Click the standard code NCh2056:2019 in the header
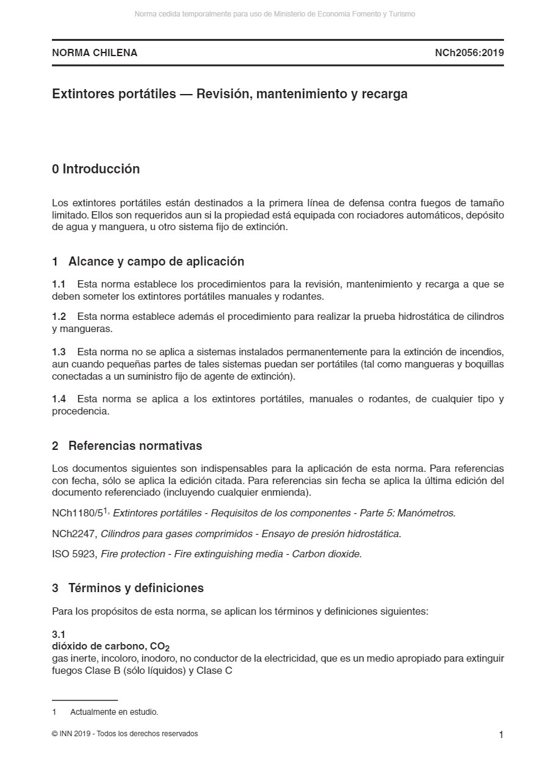pyautogui.click(x=469, y=52)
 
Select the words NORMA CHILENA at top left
pyautogui.click(x=95, y=52)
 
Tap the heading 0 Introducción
pyautogui.click(x=96, y=169)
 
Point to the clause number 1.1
pyautogui.click(x=59, y=284)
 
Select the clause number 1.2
pyautogui.click(x=59, y=317)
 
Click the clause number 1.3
pyautogui.click(x=59, y=352)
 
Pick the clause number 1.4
pyautogui.click(x=59, y=399)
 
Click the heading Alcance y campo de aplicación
pyautogui.click(x=156, y=262)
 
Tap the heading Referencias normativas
pyautogui.click(x=135, y=446)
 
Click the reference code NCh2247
pyautogui.click(x=74, y=534)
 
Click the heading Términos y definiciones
pyautogui.click(x=136, y=588)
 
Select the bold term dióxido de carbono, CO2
pyautogui.click(x=111, y=646)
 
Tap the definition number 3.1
pyautogui.click(x=59, y=635)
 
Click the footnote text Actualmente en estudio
pyautogui.click(x=114, y=712)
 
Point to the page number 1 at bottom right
pyautogui.click(x=501, y=735)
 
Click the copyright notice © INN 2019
pyautogui.click(x=125, y=734)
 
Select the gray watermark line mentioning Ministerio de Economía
pyautogui.click(x=274, y=14)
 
